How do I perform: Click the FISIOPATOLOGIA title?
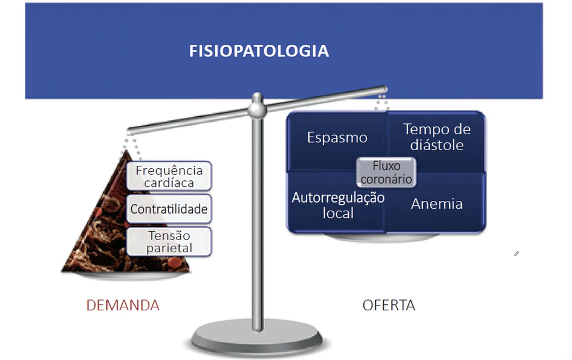click(x=259, y=51)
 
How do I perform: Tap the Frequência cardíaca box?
click(x=169, y=176)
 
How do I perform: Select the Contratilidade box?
click(x=169, y=209)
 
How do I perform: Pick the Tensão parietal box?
click(x=169, y=241)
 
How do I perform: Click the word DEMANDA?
click(x=123, y=305)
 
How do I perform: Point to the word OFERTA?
click(x=389, y=305)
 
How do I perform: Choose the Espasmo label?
click(x=337, y=137)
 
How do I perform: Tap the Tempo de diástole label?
click(x=437, y=137)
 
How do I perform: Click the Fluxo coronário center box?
click(x=386, y=172)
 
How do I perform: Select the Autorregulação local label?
click(x=338, y=205)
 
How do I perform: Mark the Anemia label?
click(x=437, y=204)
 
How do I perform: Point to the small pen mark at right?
click(x=516, y=254)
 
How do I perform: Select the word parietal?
click(x=169, y=248)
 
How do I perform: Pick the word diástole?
click(x=437, y=145)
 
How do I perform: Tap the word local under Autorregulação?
click(x=338, y=213)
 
